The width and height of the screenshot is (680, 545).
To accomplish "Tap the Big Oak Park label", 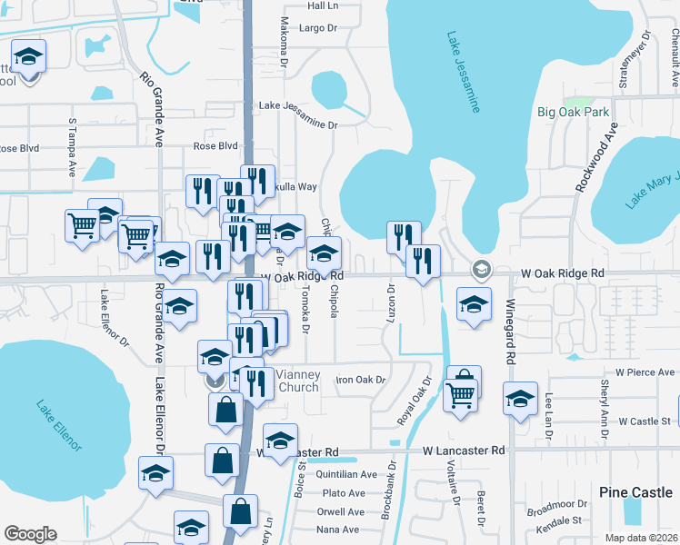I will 572,112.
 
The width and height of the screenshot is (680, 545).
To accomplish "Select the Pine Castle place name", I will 636,491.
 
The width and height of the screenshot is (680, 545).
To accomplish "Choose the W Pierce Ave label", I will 645,372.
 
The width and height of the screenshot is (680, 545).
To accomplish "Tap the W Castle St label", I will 644,421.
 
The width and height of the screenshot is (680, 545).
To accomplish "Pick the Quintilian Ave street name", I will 349,474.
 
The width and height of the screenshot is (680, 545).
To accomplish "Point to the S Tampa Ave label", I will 72,146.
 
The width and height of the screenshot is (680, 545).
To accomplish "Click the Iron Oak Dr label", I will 362,380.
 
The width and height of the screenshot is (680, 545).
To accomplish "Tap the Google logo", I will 30,533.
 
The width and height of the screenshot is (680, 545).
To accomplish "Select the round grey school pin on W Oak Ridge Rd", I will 480,269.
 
